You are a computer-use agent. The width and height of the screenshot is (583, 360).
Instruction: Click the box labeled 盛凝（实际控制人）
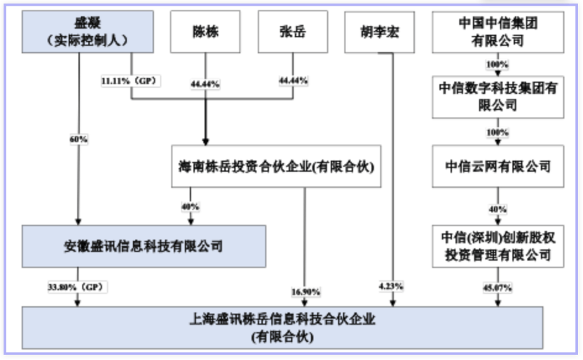88,32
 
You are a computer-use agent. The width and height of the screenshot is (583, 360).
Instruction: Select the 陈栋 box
205,32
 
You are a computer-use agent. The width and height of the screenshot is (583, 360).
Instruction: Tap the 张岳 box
293,32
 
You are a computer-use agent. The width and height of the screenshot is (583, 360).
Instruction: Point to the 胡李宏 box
380,32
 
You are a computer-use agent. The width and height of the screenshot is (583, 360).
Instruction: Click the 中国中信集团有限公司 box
498,32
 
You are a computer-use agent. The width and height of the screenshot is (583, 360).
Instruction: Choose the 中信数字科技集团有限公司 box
498,97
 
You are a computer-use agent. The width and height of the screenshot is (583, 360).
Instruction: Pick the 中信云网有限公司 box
498,166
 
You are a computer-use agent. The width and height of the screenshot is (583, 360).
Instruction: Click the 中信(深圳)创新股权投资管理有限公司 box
498,247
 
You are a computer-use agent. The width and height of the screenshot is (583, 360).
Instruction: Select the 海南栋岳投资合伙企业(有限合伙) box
276,166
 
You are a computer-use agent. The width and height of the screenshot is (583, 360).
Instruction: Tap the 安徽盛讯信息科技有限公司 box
144,247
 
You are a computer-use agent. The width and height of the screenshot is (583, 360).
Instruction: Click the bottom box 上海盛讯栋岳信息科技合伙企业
282,328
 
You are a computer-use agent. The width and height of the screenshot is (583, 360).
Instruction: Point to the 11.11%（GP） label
130,81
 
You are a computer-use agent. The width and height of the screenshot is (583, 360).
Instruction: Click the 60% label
78,139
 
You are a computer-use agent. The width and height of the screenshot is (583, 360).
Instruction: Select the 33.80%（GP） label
77,287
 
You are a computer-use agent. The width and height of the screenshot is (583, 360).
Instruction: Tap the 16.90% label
306,292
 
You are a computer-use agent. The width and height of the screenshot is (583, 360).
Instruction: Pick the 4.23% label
391,286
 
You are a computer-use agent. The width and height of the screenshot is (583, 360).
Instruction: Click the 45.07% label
498,288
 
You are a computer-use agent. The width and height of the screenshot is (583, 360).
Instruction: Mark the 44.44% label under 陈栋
205,84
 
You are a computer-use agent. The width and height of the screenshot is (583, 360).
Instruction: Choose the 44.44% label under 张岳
294,81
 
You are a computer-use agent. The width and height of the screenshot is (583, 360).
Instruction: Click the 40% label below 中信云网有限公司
498,209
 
